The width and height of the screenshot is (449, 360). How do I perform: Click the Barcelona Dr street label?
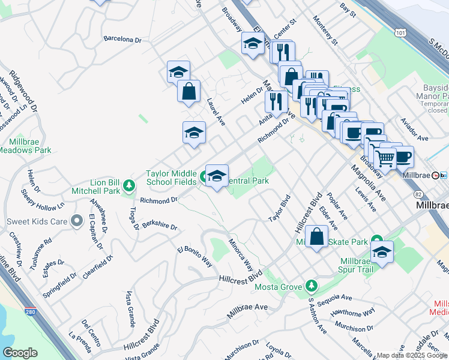(122, 40)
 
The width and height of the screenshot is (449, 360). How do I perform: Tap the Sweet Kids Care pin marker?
(76, 221)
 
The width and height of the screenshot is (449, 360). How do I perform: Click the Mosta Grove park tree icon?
(311, 284)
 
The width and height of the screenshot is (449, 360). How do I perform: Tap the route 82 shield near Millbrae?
(417, 193)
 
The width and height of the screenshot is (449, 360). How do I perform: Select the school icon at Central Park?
(217, 176)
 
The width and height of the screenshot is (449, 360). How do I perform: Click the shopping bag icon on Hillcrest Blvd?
(317, 236)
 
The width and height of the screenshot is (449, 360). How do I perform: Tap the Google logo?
(20, 352)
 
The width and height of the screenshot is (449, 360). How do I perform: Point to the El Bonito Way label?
(195, 256)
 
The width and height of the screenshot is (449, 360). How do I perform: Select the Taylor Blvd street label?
(279, 208)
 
